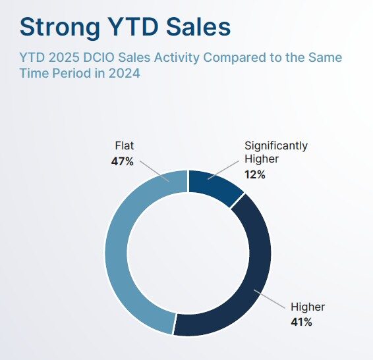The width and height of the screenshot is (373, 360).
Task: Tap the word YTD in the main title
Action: pyautogui.click(x=132, y=26)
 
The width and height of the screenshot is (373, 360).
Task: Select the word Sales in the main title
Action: pyautogui.click(x=198, y=26)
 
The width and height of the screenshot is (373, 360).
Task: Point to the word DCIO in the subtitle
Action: pyautogui.click(x=99, y=57)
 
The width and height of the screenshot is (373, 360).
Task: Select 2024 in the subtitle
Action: pyautogui.click(x=125, y=73)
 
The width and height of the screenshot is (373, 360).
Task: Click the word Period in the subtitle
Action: pyautogui.click(x=72, y=72)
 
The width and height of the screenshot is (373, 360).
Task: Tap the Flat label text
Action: pyautogui.click(x=125, y=145)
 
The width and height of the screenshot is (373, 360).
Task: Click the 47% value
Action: pyautogui.click(x=123, y=162)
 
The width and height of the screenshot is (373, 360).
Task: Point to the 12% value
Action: pyautogui.click(x=255, y=175)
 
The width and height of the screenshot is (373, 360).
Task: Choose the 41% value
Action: pyautogui.click(x=301, y=322)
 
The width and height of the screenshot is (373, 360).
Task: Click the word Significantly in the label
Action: pyautogui.click(x=276, y=146)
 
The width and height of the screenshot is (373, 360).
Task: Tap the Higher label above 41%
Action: pyautogui.click(x=308, y=307)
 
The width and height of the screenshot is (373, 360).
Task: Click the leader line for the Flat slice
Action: pyautogui.click(x=155, y=171)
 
